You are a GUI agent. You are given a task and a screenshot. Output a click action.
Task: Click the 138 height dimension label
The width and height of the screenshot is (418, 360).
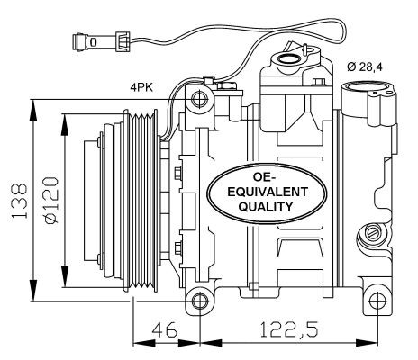click(20, 200)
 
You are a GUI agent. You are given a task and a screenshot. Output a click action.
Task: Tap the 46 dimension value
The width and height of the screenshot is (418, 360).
click(164, 329)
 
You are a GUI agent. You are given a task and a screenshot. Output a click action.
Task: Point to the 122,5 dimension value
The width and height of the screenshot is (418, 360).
click(288, 329)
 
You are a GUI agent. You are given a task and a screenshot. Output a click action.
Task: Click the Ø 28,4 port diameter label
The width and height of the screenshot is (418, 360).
click(365, 67)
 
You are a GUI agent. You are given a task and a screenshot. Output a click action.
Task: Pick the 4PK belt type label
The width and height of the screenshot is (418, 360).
click(141, 87)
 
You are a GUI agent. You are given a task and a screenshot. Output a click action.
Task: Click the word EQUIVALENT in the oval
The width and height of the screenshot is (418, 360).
click(268, 192)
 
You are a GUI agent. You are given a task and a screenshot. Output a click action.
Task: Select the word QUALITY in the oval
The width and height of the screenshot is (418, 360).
click(265, 207)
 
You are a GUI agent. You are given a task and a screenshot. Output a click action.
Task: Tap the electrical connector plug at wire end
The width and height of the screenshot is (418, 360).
click(101, 41)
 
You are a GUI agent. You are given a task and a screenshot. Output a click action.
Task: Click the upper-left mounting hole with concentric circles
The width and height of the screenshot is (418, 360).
click(199, 99)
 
